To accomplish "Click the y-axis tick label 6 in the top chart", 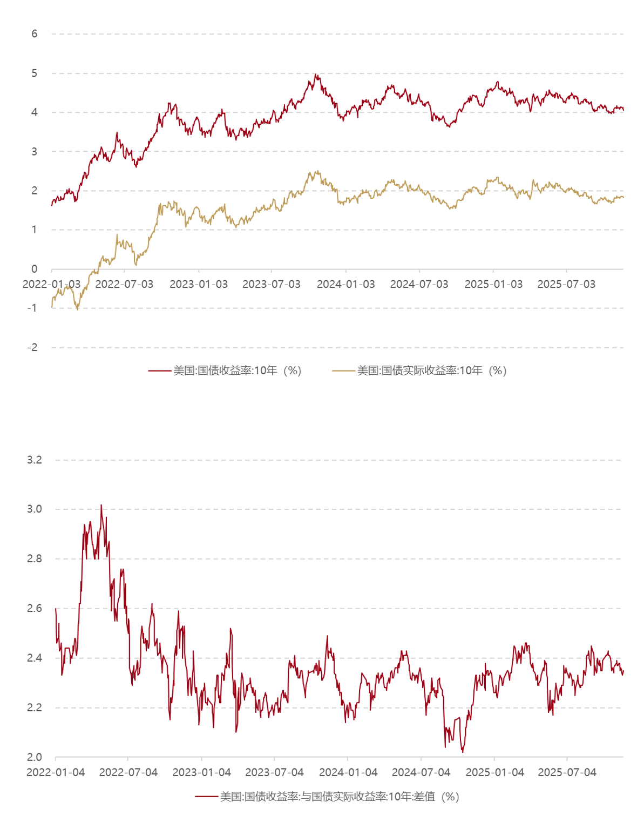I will point(35,34).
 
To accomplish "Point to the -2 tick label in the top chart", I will point(32,347).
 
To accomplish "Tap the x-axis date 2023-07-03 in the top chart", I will point(271,284).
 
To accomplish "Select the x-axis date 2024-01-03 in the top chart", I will point(345,284).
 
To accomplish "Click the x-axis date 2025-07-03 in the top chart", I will point(566,284).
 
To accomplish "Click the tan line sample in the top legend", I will point(343,371).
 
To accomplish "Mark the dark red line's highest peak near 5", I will point(316,75).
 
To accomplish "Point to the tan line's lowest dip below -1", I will point(77,309).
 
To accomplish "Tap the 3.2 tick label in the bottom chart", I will point(34,460).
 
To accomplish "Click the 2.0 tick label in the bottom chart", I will point(34,757).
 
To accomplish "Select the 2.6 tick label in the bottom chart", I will point(34,608).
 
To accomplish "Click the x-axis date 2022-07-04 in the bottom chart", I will point(128,772).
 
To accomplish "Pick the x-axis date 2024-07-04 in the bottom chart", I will point(421,772).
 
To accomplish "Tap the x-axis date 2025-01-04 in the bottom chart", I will point(494,772).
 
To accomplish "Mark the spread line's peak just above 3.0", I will point(101,506).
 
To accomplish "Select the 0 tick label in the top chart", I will point(35,269).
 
